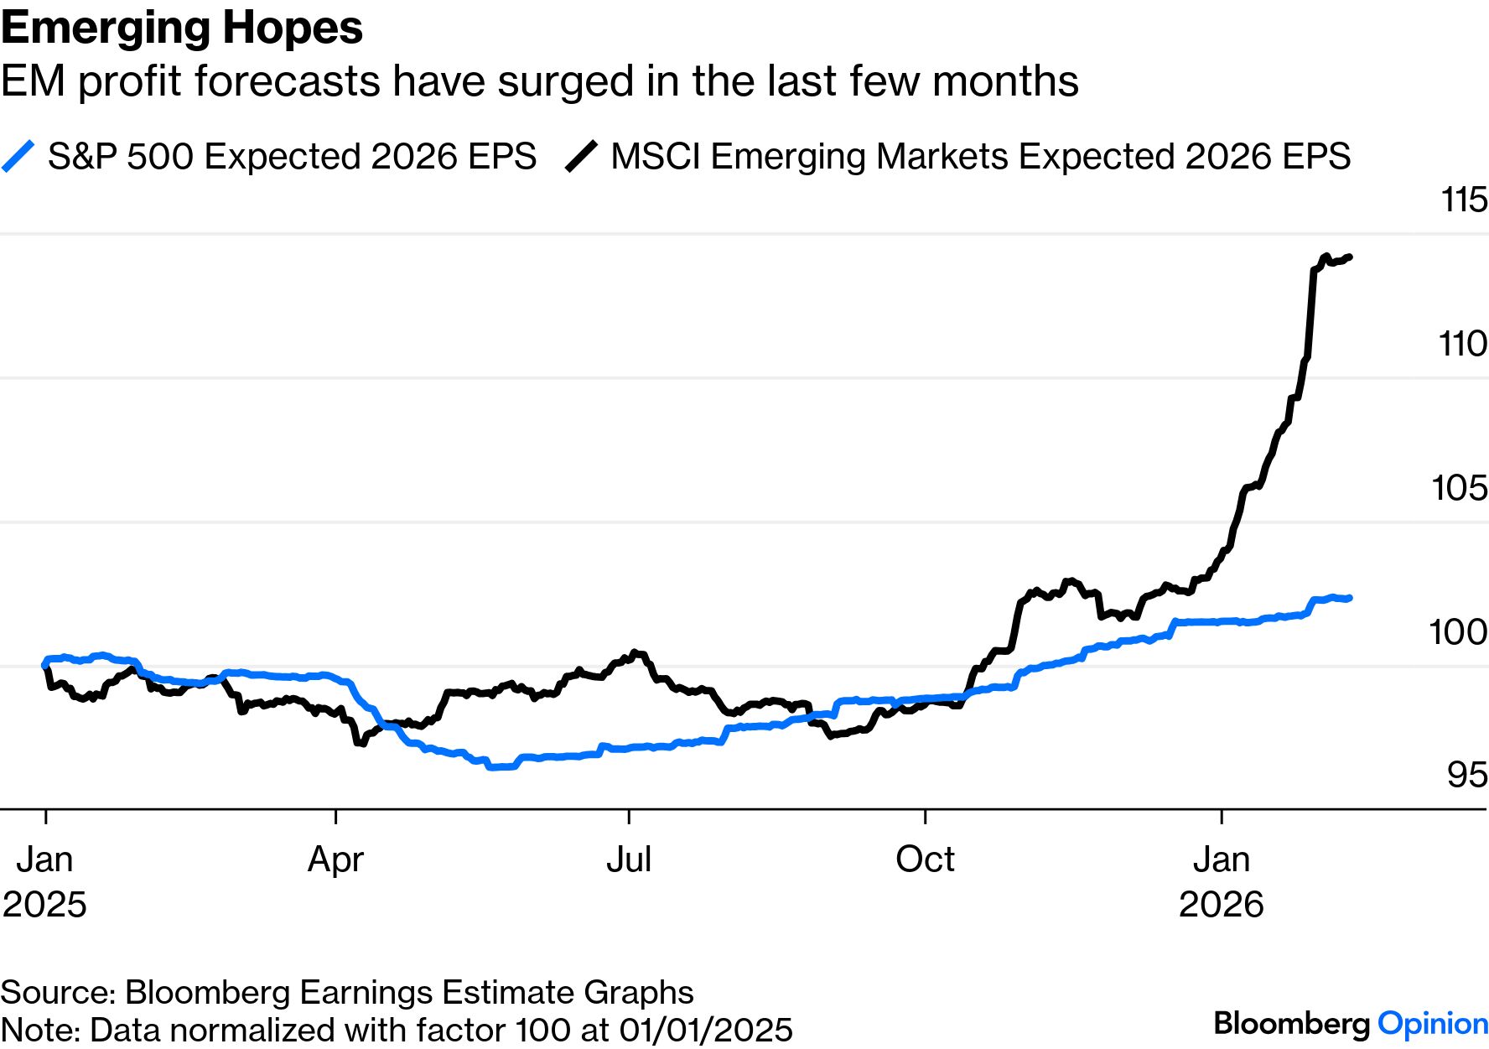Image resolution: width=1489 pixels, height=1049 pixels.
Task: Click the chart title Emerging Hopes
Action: pos(182,29)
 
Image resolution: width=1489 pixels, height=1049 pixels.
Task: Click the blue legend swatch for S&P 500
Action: pos(18,157)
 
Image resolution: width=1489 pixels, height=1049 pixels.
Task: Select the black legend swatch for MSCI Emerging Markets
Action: pos(581,157)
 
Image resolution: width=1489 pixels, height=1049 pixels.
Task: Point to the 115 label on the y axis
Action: pos(1463,200)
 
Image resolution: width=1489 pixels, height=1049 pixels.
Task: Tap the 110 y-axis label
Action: pos(1462,344)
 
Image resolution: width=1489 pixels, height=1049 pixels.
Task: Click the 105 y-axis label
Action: pos(1459,488)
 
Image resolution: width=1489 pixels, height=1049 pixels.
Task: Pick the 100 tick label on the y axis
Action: pos(1458,632)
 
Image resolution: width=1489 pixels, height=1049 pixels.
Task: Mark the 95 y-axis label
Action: pos(1466,776)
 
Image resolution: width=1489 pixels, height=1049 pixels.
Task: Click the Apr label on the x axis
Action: pos(335,859)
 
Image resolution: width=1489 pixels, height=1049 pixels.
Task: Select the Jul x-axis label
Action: pos(629,859)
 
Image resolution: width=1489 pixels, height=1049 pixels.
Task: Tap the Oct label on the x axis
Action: pos(925,859)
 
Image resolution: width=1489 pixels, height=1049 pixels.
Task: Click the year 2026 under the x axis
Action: pos(1221,905)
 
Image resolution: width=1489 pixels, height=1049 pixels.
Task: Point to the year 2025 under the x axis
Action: pos(44,905)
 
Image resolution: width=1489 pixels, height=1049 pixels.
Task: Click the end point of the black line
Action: pos(1350,257)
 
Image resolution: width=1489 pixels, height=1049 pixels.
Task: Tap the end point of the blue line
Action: pos(1350,598)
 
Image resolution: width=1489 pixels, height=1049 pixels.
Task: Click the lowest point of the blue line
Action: pos(495,766)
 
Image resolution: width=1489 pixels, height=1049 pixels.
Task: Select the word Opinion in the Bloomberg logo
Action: pos(1433,1024)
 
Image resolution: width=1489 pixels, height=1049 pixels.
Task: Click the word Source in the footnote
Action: pos(57,993)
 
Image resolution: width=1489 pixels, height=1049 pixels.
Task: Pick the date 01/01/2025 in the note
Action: pos(706,1030)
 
